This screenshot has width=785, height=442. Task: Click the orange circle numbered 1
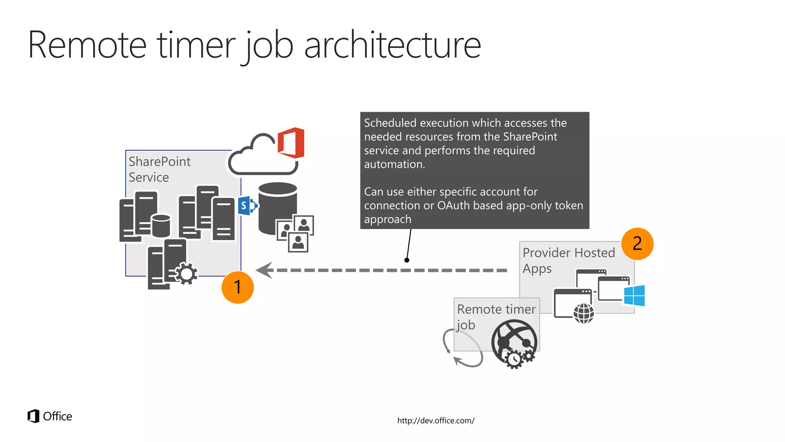[238, 287]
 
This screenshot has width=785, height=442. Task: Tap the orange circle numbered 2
[637, 244]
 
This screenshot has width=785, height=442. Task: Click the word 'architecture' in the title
[392, 45]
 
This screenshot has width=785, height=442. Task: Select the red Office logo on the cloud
[291, 143]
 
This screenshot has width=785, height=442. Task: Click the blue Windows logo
[634, 295]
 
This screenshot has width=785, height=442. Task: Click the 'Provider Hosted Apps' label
[568, 260]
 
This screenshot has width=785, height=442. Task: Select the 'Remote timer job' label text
[496, 317]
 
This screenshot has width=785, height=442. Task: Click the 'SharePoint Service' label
[159, 169]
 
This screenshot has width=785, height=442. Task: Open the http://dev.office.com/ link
[436, 421]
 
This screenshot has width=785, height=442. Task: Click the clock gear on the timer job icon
[514, 360]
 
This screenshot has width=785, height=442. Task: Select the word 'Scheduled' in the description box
[390, 123]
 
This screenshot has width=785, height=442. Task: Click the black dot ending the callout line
[407, 260]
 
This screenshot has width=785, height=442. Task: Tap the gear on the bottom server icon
[187, 274]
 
